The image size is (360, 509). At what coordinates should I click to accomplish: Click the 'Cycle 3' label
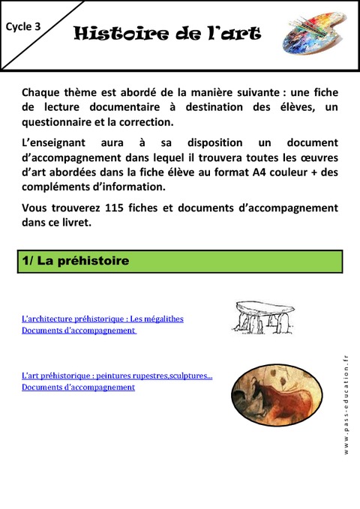pyautogui.click(x=23, y=26)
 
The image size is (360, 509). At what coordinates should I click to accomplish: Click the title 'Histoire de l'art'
pyautogui.click(x=167, y=34)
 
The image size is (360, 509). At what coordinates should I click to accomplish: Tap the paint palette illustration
pyautogui.click(x=313, y=34)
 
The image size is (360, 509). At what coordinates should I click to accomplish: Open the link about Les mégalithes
pyautogui.click(x=103, y=319)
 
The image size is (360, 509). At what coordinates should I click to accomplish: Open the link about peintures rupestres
pyautogui.click(x=117, y=376)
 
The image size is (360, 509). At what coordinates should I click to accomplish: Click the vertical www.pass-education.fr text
pyautogui.click(x=346, y=405)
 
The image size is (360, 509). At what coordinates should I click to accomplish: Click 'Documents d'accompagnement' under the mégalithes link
pyautogui.click(x=78, y=330)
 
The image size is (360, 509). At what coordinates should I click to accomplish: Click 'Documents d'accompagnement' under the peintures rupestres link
pyautogui.click(x=78, y=387)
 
